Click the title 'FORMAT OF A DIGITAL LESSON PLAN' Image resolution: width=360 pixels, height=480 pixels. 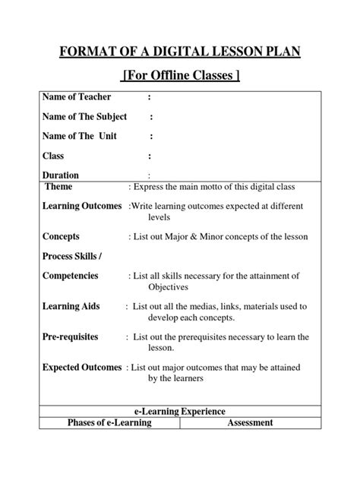[x=180, y=52]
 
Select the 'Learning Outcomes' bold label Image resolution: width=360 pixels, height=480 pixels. [x=82, y=206]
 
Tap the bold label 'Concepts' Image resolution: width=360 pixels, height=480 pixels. [x=62, y=236]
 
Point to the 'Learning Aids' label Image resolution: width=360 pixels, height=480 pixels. [x=71, y=306]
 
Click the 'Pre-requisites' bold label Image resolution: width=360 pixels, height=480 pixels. [x=74, y=336]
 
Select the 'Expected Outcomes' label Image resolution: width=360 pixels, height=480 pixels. [x=82, y=367]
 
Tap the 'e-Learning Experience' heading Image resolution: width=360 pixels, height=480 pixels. [x=180, y=411]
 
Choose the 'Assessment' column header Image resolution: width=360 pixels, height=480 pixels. [x=250, y=422]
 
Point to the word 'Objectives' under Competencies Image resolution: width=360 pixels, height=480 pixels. [x=171, y=288]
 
